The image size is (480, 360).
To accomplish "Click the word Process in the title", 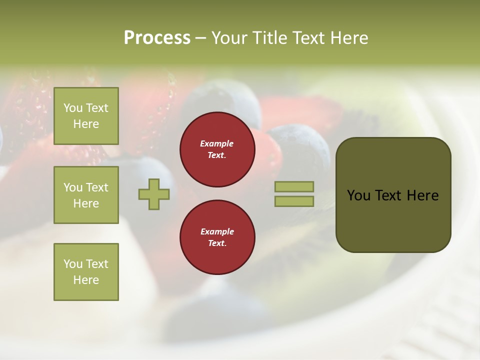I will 157,38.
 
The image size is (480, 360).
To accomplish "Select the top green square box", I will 86,116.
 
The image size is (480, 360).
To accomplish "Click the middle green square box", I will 86,195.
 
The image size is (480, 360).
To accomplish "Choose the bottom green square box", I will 86,272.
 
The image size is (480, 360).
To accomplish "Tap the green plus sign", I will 154,194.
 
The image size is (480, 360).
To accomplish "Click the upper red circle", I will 217,149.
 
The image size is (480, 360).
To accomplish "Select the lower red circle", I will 217,237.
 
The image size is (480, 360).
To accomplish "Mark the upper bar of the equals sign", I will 294,186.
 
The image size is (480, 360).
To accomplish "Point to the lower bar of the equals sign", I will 294,201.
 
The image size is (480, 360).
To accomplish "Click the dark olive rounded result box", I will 393,195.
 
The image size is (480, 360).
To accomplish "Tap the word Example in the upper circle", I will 217,144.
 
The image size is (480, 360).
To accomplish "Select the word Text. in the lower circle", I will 217,243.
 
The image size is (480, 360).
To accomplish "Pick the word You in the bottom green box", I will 72,264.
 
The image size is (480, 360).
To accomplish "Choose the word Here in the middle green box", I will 86,203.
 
